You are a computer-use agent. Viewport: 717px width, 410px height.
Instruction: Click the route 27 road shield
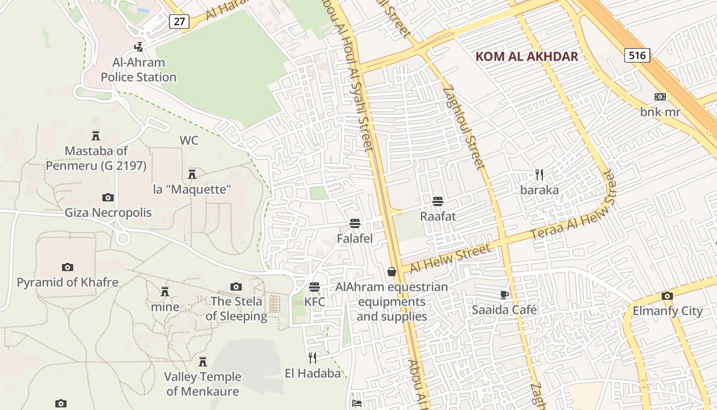(179, 21)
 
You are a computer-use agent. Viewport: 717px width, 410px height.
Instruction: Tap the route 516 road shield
(637, 55)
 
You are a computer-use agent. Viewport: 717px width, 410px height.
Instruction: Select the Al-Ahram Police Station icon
(138, 47)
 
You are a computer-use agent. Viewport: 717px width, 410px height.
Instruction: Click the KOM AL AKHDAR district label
(526, 56)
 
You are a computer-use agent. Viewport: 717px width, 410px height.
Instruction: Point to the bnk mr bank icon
(660, 97)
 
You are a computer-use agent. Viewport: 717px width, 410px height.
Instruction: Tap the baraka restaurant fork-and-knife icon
(539, 175)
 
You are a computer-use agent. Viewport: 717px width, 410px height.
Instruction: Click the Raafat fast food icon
(437, 201)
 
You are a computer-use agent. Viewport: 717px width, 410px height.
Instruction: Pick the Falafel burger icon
(354, 223)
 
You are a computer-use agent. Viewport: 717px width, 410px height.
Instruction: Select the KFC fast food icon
(314, 287)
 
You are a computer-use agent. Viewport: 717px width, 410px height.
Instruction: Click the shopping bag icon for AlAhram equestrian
(392, 272)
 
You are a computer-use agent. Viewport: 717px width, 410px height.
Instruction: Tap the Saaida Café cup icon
(504, 295)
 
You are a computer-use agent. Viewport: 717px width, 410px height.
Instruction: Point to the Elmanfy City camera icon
(667, 296)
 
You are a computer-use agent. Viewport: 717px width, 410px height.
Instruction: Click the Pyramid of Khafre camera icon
(67, 267)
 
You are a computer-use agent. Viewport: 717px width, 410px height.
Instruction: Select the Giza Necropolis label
(108, 212)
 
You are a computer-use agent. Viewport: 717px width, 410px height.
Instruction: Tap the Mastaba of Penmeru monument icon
(95, 136)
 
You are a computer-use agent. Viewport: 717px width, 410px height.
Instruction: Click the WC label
(188, 140)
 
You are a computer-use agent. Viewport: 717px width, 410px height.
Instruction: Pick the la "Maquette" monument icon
(192, 174)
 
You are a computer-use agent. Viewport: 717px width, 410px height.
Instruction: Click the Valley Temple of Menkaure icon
(203, 362)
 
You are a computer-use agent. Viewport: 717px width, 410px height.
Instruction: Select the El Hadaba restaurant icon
(312, 358)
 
